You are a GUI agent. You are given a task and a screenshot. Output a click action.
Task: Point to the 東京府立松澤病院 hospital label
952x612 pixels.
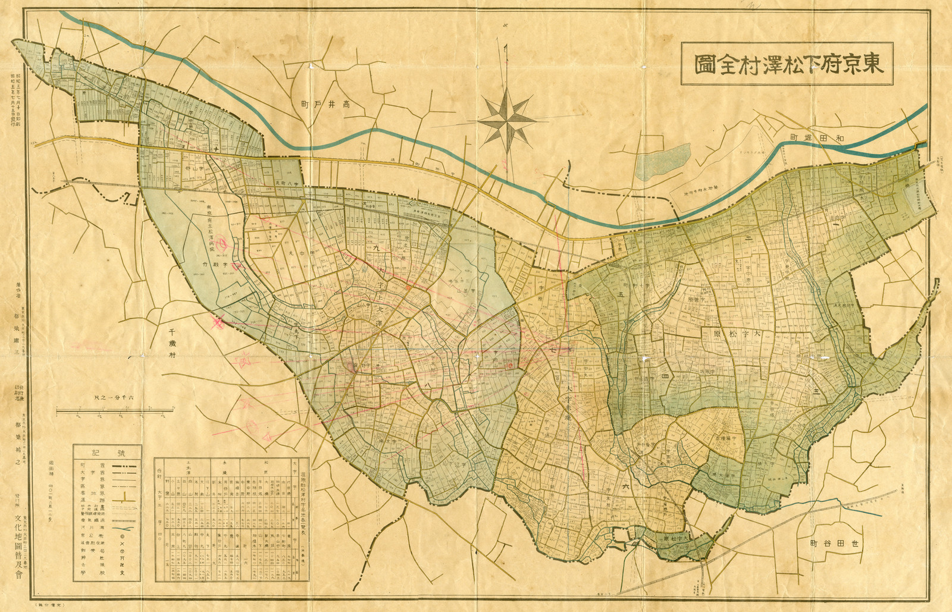point(211,228)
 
